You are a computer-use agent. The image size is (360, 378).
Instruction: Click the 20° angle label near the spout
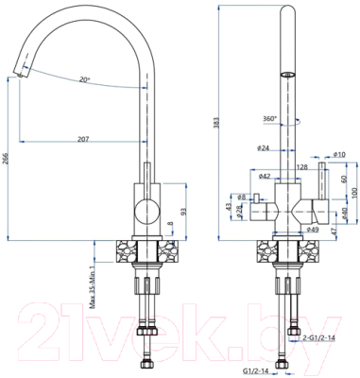coord(84,80)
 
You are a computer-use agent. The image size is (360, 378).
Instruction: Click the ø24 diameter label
coord(264,147)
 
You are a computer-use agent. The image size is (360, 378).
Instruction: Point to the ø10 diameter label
coord(338,155)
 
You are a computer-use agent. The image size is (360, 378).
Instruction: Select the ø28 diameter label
coord(240,209)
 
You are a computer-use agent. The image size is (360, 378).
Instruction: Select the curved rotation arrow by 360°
coord(295,121)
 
